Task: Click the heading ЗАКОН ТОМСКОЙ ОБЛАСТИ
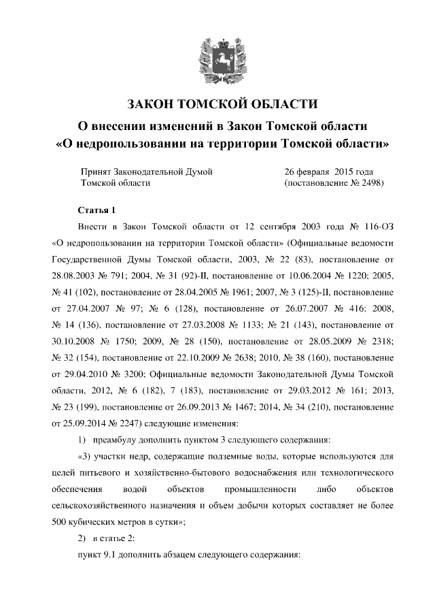tap(217, 104)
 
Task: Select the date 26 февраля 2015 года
tap(328, 172)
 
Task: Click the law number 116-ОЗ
tap(374, 227)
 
